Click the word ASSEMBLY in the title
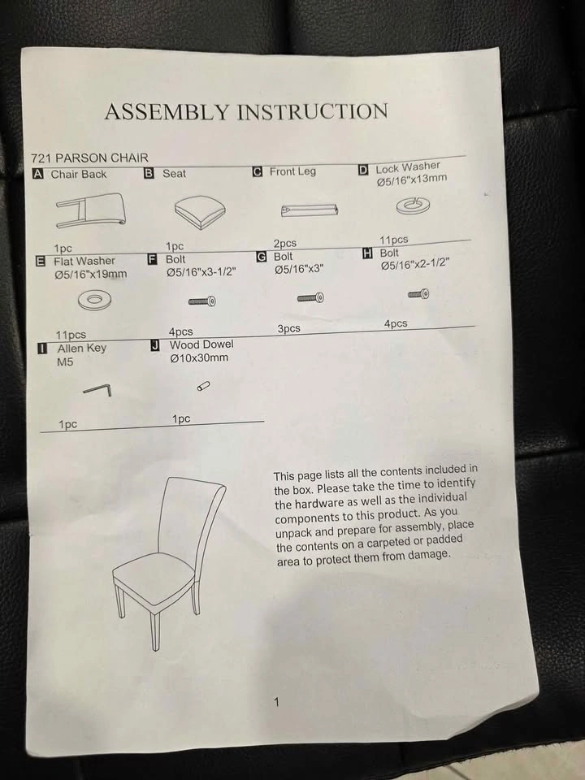pyautogui.click(x=167, y=112)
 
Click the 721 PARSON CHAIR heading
pyautogui.click(x=89, y=158)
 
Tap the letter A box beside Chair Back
pyautogui.click(x=38, y=174)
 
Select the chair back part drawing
pyautogui.click(x=90, y=210)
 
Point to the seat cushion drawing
pyautogui.click(x=200, y=212)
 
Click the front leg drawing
pyautogui.click(x=310, y=210)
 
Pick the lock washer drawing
pyautogui.click(x=413, y=205)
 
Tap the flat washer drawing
pyautogui.click(x=94, y=300)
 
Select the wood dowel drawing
pyautogui.click(x=203, y=386)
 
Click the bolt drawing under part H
pyautogui.click(x=419, y=294)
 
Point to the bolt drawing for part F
pyautogui.click(x=202, y=301)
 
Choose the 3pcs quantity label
pyautogui.click(x=289, y=329)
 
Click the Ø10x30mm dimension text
pyautogui.click(x=199, y=357)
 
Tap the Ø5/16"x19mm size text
pyautogui.click(x=91, y=274)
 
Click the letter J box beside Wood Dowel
pyautogui.click(x=155, y=345)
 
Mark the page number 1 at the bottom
pyautogui.click(x=276, y=702)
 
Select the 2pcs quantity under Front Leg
pyautogui.click(x=285, y=244)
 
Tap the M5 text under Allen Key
pyautogui.click(x=65, y=362)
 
